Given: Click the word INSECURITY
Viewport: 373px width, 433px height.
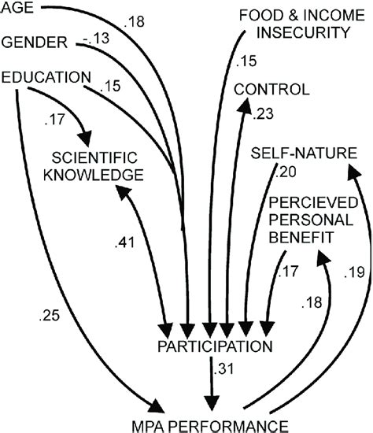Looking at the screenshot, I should click(x=304, y=32).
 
